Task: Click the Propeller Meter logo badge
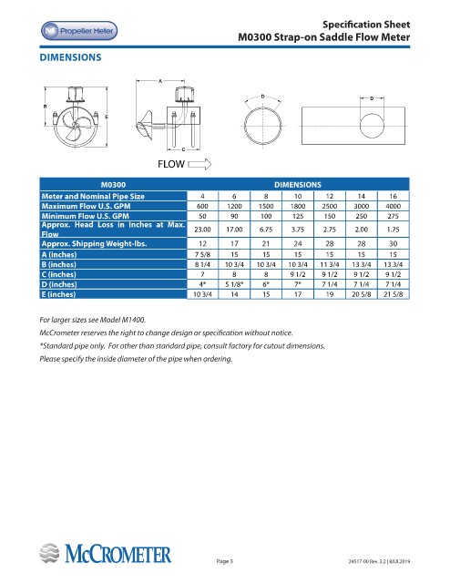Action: click(x=79, y=31)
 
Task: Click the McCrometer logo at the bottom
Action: click(x=106, y=553)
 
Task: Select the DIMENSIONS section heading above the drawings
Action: click(x=70, y=57)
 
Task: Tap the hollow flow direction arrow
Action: click(x=199, y=164)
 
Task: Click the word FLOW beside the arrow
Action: click(x=171, y=164)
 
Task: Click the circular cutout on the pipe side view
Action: click(x=372, y=127)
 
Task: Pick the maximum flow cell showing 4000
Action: click(x=394, y=206)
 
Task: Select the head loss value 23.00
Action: click(x=203, y=230)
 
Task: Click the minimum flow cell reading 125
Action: click(x=298, y=216)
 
